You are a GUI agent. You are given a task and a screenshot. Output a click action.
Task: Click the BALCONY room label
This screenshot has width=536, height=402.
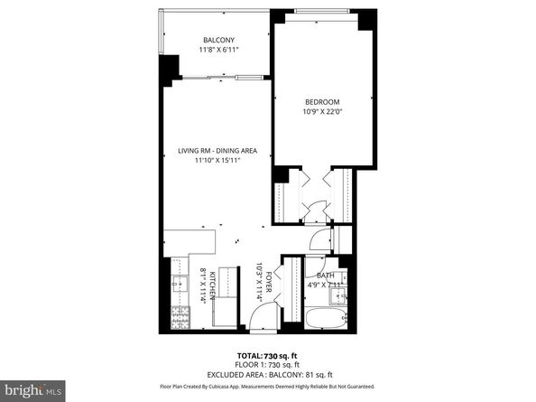point(217,41)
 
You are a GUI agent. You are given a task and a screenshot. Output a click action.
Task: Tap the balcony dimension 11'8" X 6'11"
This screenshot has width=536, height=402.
point(217,51)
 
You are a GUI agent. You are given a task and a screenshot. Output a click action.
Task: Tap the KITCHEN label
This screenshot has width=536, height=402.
point(212,286)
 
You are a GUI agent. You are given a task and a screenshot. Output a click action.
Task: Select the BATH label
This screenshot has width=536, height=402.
point(325,276)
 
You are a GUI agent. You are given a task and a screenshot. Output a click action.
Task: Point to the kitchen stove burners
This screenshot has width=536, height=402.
point(179,317)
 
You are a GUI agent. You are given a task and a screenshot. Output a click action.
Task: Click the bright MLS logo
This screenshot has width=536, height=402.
point(32,390)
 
